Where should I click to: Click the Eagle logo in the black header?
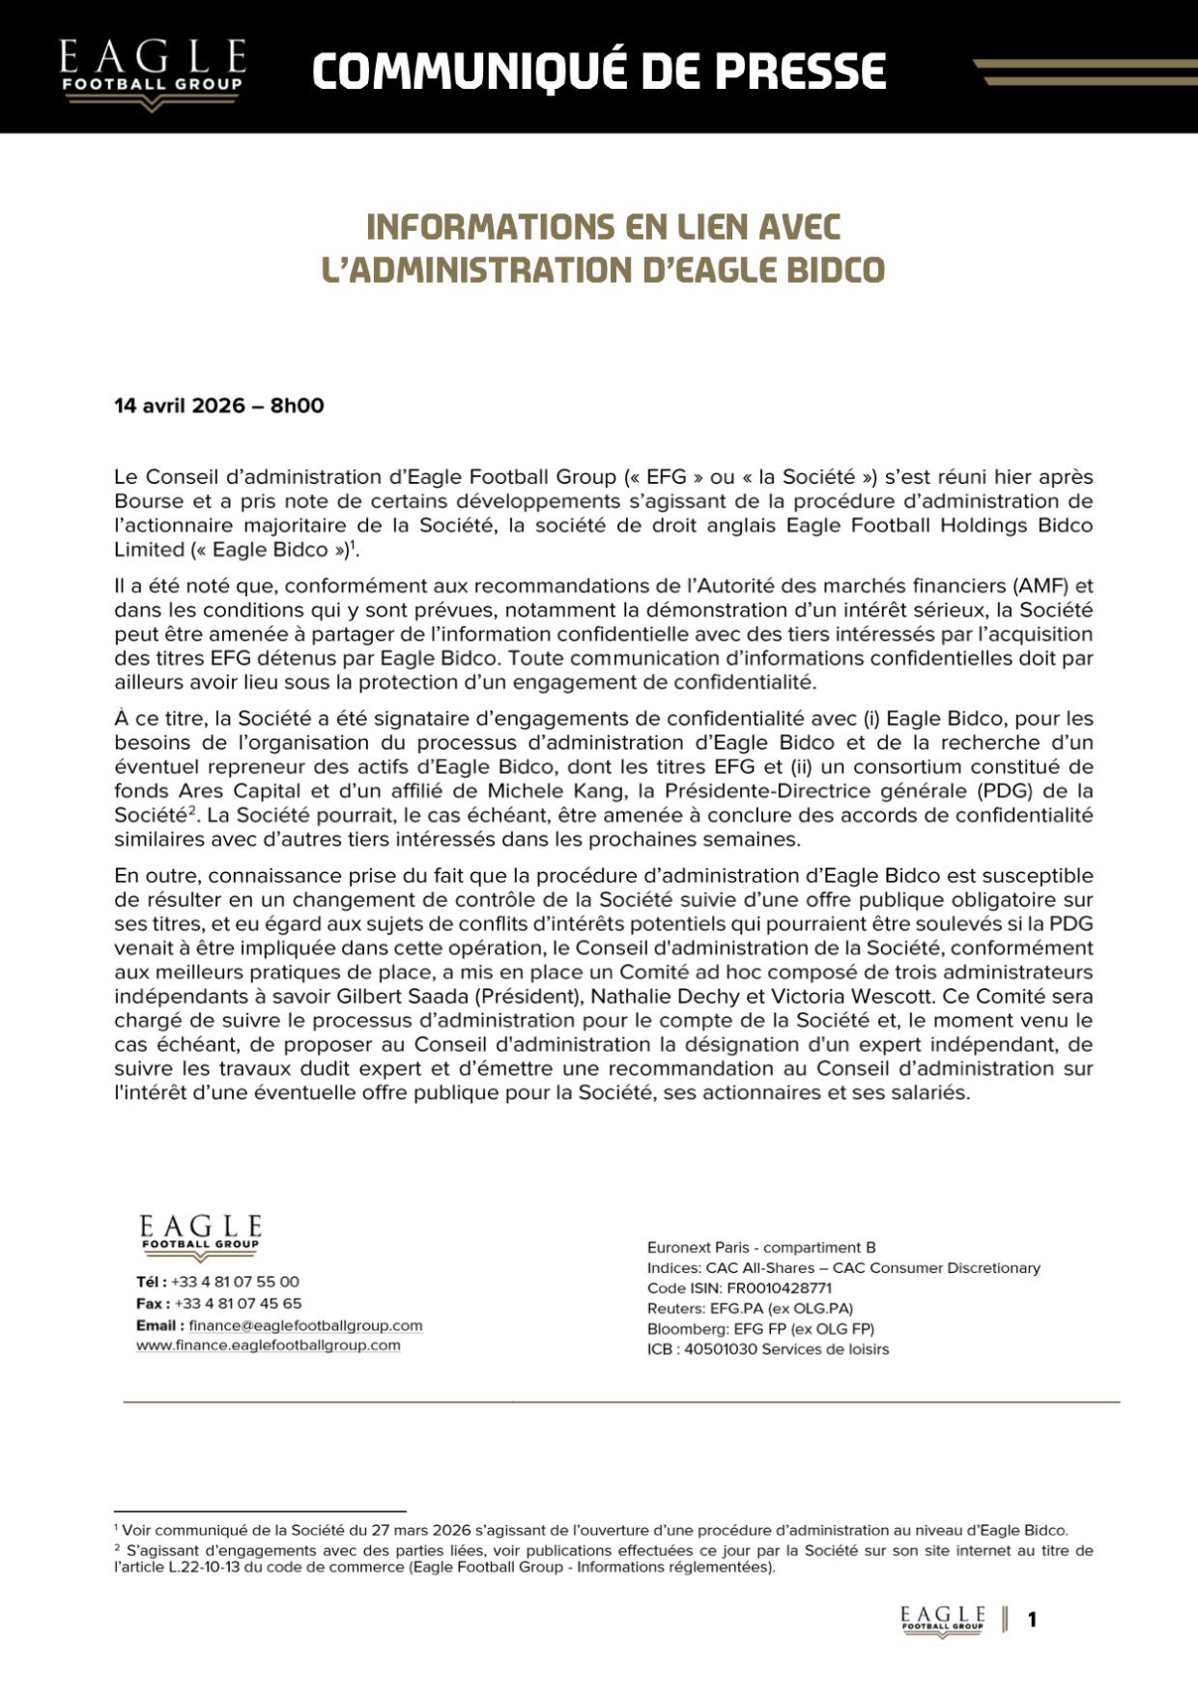(x=152, y=73)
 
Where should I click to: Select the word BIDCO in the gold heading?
(x=837, y=269)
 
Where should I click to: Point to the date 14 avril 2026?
(x=180, y=406)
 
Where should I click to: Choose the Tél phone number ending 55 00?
(x=235, y=1282)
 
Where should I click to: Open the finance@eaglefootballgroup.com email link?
(x=305, y=1325)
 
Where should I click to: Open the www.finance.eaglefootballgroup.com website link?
(x=268, y=1345)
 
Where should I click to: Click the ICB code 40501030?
(x=721, y=1349)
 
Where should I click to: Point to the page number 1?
(x=1032, y=1620)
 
